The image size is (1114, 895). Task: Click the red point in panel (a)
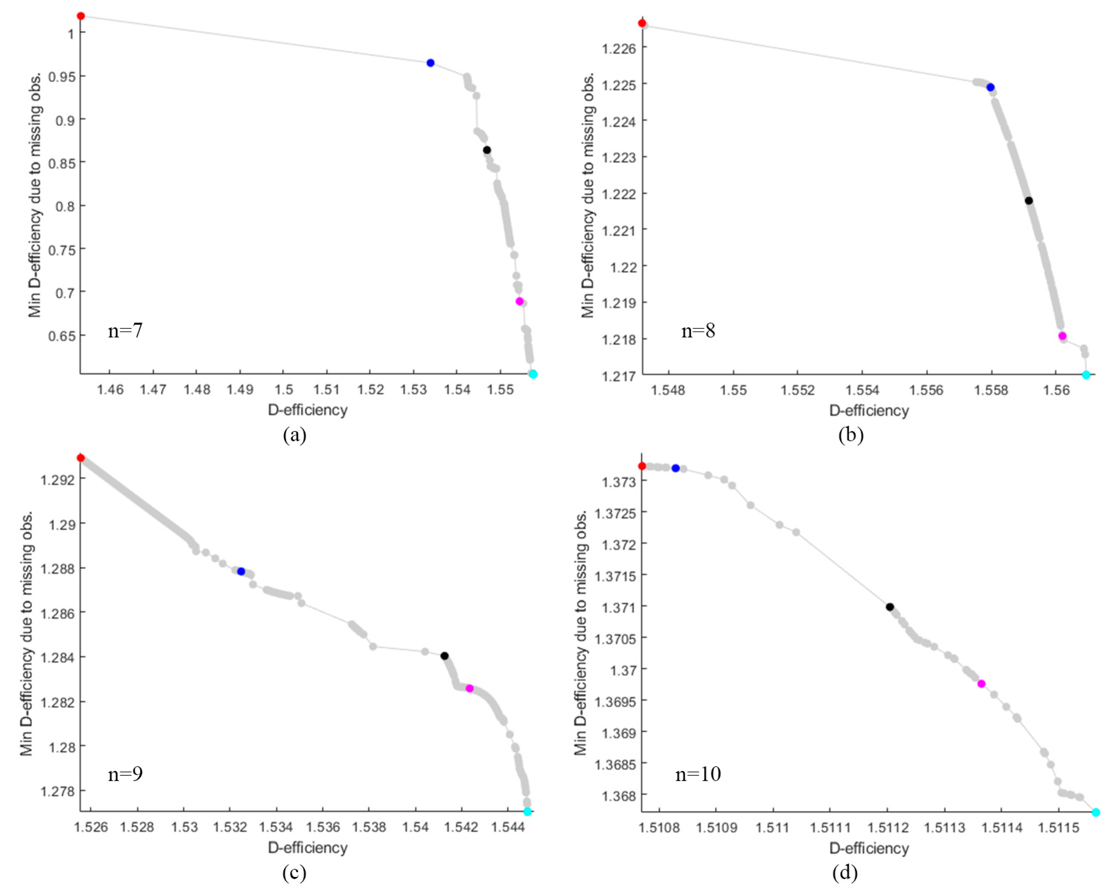[81, 16]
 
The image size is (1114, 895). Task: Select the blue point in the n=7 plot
[431, 63]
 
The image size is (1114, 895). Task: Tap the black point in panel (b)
[1029, 200]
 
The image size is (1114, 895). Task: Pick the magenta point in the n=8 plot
[1062, 336]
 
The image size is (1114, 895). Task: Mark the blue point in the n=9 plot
[241, 571]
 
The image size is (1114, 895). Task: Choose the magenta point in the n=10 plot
[981, 684]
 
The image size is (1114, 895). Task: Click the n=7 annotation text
[125, 331]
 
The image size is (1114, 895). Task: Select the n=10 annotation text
[698, 774]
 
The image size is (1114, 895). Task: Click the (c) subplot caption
[294, 873]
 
